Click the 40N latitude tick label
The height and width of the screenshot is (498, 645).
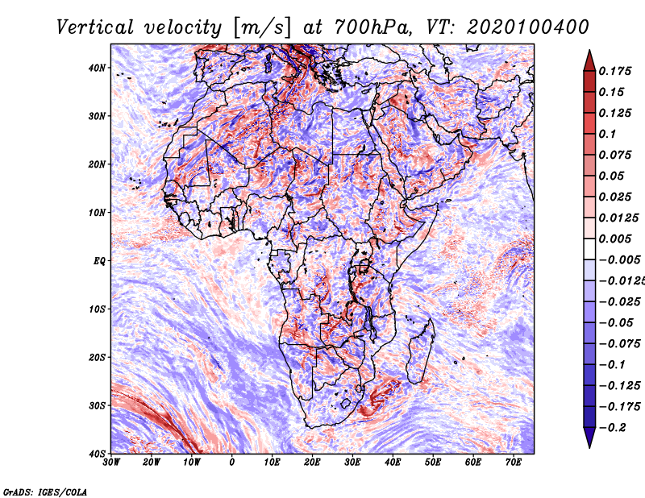(x=97, y=68)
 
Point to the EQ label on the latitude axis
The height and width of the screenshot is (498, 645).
(x=99, y=261)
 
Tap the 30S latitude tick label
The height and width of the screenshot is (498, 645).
(x=97, y=405)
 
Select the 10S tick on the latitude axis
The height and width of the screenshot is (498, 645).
(x=97, y=309)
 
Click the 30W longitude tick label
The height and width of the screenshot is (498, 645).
(x=111, y=463)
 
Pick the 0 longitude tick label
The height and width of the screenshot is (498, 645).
(x=232, y=463)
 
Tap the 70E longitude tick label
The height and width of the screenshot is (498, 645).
(x=514, y=463)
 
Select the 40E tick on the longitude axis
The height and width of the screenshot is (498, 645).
(x=393, y=463)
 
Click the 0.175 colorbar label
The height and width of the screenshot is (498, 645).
(x=614, y=71)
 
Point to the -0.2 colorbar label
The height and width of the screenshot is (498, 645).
(x=613, y=427)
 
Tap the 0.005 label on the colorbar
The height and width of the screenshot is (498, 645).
(x=614, y=239)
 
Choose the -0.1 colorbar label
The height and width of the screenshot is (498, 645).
(x=613, y=365)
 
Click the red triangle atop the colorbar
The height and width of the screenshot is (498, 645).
(x=589, y=62)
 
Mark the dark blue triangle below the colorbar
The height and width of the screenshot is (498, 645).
(x=589, y=436)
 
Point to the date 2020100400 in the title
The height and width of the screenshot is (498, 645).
(x=528, y=27)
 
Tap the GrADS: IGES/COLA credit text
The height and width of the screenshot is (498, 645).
(x=45, y=492)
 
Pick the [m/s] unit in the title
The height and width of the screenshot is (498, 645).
(x=262, y=28)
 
